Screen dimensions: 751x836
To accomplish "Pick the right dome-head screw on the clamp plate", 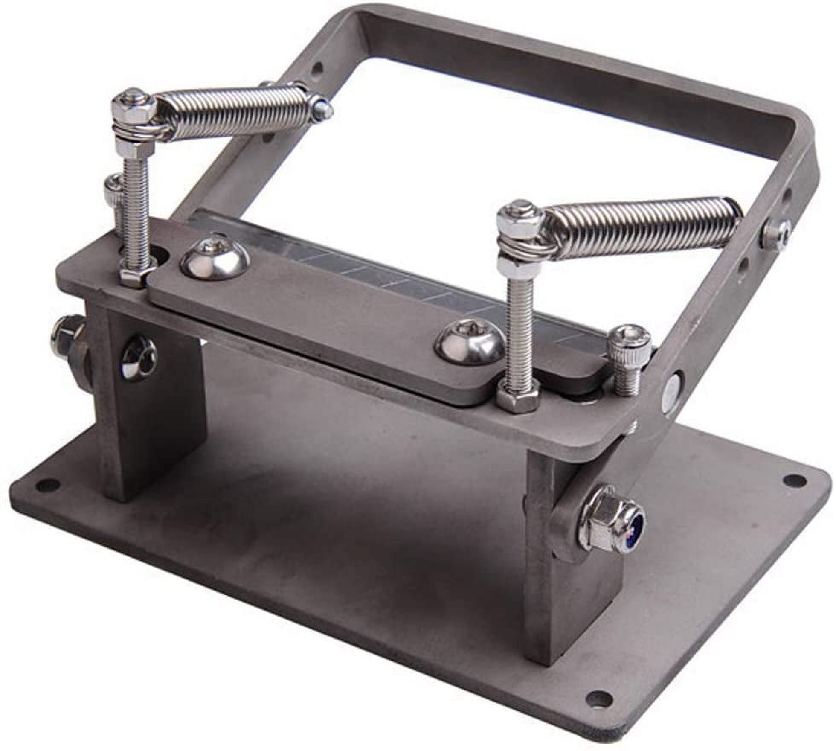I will click(467, 346).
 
